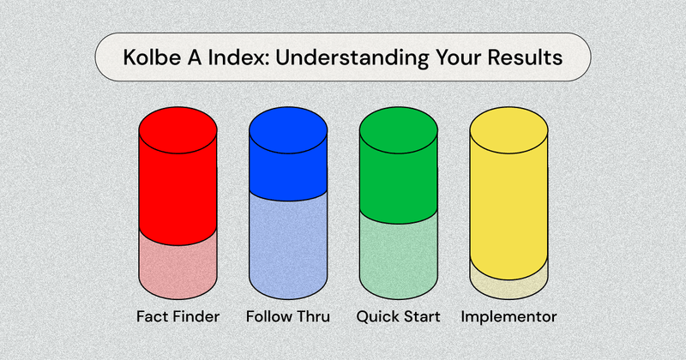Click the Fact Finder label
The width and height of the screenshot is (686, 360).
pyautogui.click(x=178, y=316)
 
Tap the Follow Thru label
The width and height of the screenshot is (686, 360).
pyautogui.click(x=287, y=316)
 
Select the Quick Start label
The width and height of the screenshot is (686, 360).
pyautogui.click(x=398, y=316)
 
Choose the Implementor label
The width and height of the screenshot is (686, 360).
pyautogui.click(x=508, y=316)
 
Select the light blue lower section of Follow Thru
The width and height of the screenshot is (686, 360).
pyautogui.click(x=287, y=249)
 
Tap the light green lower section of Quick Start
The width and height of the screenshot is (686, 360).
pyautogui.click(x=398, y=257)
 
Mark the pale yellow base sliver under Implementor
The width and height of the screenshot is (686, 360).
pyautogui.click(x=508, y=280)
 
